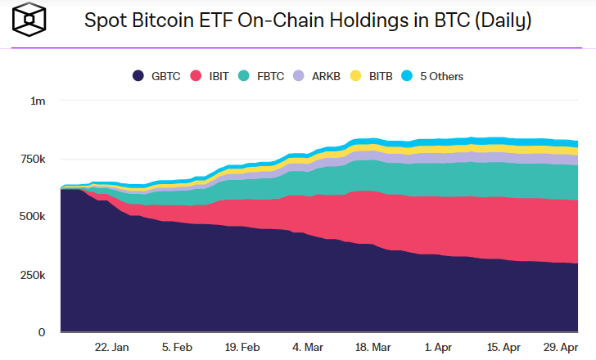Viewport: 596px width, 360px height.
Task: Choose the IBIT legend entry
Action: click(210, 76)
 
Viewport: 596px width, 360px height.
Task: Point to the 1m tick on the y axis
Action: click(38, 101)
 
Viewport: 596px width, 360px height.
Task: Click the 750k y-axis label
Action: click(34, 159)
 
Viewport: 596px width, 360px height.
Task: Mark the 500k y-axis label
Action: click(34, 217)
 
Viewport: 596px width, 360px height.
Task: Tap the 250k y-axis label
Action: click(34, 275)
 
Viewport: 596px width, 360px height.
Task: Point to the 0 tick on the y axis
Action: click(43, 332)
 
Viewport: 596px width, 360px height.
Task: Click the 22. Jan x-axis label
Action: click(111, 347)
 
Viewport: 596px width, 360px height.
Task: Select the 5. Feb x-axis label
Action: click(177, 347)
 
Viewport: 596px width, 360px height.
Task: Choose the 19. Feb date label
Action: click(242, 347)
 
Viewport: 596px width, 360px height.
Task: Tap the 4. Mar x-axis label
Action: click(308, 347)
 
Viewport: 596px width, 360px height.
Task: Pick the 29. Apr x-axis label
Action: click(562, 347)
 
